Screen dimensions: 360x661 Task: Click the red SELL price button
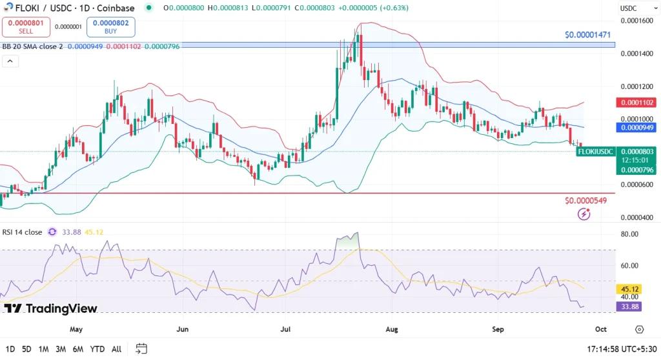(26, 26)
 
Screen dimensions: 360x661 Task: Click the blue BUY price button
(110, 26)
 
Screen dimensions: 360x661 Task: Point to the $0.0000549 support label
(586, 201)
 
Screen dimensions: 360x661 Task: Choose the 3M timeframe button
(61, 349)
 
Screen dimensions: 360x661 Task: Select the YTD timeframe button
(97, 349)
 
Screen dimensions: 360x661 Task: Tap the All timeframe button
(116, 349)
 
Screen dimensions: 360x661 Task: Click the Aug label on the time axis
(392, 329)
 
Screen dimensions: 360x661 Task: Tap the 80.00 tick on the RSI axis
(630, 234)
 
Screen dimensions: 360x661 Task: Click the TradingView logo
(50, 308)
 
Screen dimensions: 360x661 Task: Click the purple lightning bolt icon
(584, 214)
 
